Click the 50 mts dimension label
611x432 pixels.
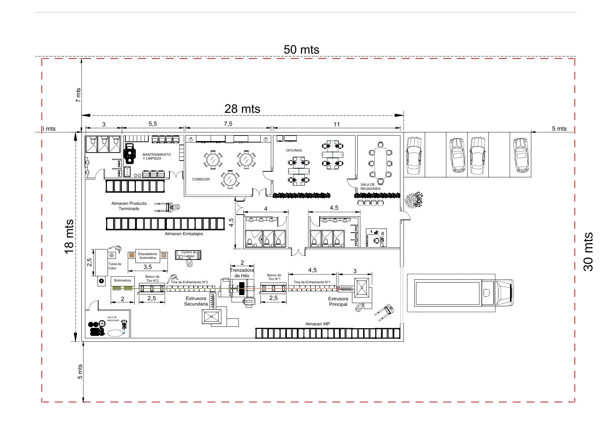tap(301, 49)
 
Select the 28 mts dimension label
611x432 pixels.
tap(242, 109)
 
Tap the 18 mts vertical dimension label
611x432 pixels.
tap(69, 237)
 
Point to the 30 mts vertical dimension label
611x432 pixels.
tap(588, 252)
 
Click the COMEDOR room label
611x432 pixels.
tap(201, 179)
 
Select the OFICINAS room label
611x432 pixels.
tap(294, 151)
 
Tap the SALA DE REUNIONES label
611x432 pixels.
tap(370, 187)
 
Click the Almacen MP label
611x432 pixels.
tap(318, 324)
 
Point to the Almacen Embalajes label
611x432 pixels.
tap(184, 234)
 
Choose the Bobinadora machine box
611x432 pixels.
tap(123, 280)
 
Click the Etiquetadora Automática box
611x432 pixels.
tap(148, 256)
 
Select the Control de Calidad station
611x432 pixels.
tap(188, 255)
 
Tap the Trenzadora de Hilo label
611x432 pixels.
tap(242, 273)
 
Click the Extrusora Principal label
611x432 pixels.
tap(338, 301)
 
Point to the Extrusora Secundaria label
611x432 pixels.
tap(196, 301)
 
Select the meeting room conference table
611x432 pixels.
tap(379, 163)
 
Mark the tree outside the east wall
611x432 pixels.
tap(414, 200)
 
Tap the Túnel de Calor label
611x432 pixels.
tap(115, 266)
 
